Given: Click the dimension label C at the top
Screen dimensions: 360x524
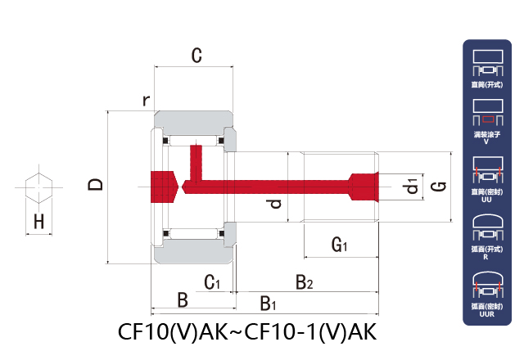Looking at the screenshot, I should point(196,56).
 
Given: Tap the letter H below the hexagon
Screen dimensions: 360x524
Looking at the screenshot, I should point(38,221).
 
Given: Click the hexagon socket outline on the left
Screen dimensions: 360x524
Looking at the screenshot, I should point(38,187).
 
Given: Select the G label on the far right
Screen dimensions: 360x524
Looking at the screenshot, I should point(438,187).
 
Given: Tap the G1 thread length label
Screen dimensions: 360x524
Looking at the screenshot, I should point(340,244).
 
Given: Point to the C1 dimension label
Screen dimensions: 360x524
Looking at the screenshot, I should point(213,283).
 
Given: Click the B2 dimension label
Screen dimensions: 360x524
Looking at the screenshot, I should point(305,283).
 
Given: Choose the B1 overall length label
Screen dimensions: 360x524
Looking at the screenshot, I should point(268,304).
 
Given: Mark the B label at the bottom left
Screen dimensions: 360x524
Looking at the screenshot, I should point(183,300).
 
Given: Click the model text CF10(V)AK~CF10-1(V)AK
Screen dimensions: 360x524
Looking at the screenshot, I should point(246,332).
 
